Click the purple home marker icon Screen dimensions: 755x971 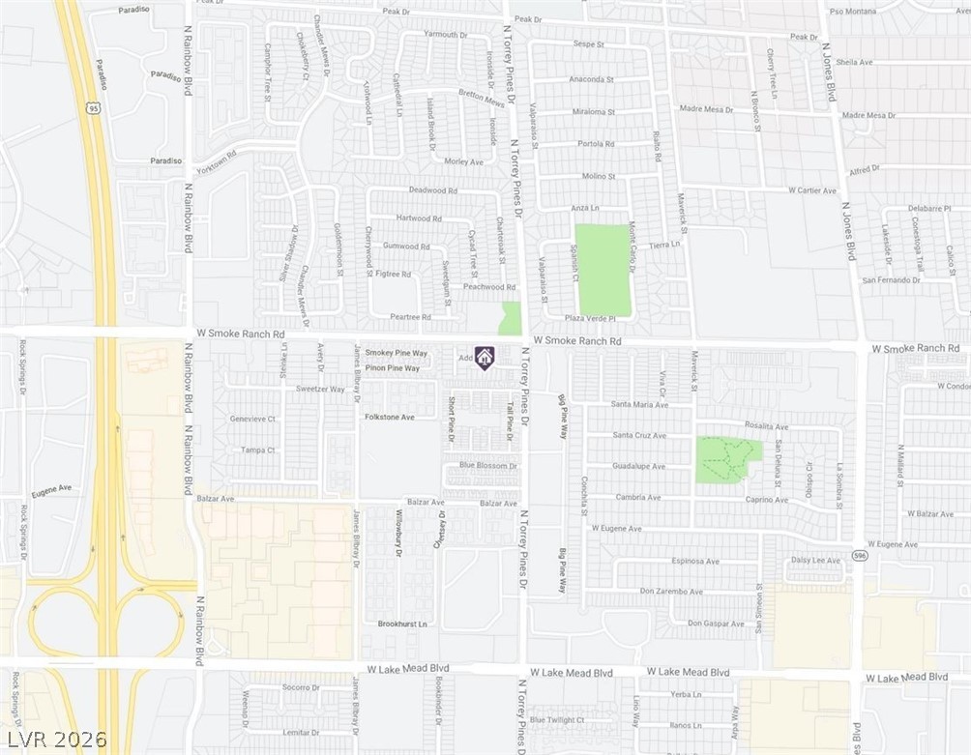click(x=485, y=358)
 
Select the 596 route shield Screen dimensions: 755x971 click(x=859, y=556)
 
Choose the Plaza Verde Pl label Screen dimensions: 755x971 click(x=589, y=318)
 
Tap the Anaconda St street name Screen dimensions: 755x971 click(x=591, y=79)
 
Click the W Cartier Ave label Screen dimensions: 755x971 click(x=811, y=190)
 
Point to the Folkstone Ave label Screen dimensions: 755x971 click(x=389, y=418)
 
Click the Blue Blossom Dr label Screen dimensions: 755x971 click(x=488, y=466)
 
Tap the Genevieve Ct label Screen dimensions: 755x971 click(x=252, y=420)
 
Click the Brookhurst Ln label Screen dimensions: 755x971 click(x=402, y=624)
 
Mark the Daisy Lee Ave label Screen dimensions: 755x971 click(x=815, y=561)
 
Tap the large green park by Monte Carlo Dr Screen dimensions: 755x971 click(x=603, y=270)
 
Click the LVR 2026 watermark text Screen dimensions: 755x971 click(x=48, y=738)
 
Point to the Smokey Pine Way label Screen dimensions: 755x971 click(x=390, y=354)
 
